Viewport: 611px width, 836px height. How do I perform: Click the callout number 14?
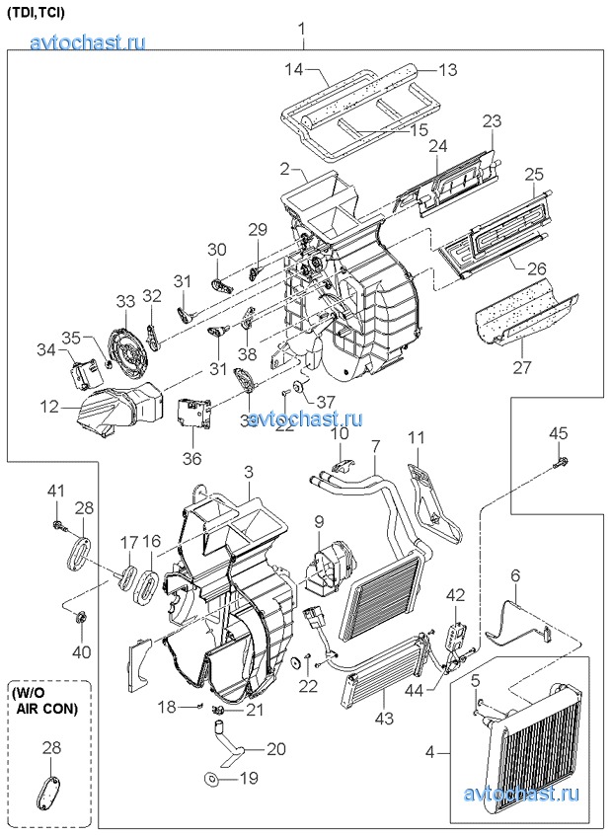coord(293,70)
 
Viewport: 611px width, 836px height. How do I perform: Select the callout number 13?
coord(448,70)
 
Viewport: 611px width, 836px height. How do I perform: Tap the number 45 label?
coord(559,433)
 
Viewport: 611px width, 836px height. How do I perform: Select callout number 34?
coord(46,349)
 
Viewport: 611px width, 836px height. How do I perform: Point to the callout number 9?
coord(319,521)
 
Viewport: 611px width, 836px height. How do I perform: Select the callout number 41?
coord(56,490)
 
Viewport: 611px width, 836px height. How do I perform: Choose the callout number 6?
coord(514,575)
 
